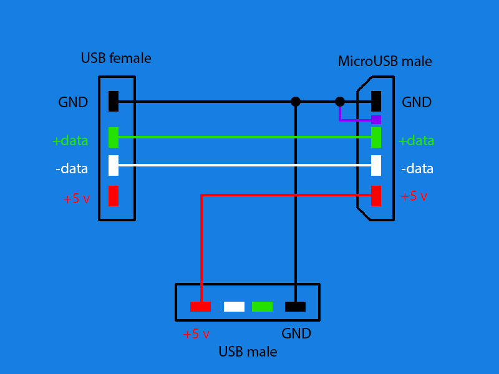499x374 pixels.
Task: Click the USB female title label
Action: pyautogui.click(x=116, y=59)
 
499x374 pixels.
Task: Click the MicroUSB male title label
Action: pyautogui.click(x=385, y=61)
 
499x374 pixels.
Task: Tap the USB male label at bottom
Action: pyautogui.click(x=248, y=352)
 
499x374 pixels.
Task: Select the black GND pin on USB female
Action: pyautogui.click(x=114, y=101)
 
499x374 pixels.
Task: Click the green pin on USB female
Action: pyautogui.click(x=114, y=137)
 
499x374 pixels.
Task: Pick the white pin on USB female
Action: pyautogui.click(x=114, y=165)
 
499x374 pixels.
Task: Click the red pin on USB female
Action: pyautogui.click(x=114, y=196)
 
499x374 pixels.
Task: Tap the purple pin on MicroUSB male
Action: pyautogui.click(x=376, y=120)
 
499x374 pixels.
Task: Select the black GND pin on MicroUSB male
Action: pyautogui.click(x=376, y=101)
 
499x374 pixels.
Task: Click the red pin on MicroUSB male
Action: pyautogui.click(x=376, y=196)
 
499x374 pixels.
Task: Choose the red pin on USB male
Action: pyautogui.click(x=200, y=307)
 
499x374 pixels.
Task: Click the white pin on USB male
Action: pyautogui.click(x=234, y=307)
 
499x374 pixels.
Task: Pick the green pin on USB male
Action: pyautogui.click(x=262, y=307)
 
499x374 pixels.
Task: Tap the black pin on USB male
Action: pyautogui.click(x=295, y=307)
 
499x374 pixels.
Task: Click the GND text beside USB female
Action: pyautogui.click(x=73, y=102)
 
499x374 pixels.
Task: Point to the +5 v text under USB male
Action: pyautogui.click(x=196, y=334)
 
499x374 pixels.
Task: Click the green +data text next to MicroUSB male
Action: pyautogui.click(x=416, y=141)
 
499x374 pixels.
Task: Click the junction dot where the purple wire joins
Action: pyautogui.click(x=340, y=101)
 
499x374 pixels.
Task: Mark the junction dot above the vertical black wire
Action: pyautogui.click(x=296, y=101)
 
